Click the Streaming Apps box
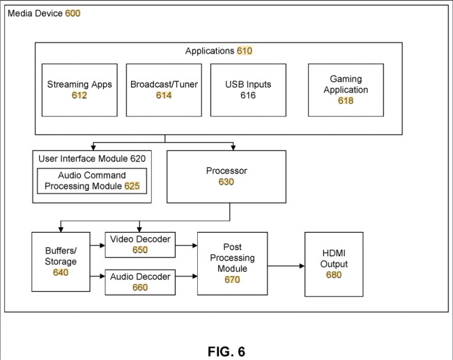[79, 90]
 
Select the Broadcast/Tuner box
[164, 90]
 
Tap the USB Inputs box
[248, 90]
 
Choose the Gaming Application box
[346, 90]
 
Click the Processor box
[227, 176]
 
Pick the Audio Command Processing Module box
[92, 180]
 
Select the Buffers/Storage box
[61, 262]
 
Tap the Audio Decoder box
[140, 282]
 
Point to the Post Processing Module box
[232, 263]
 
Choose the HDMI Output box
[334, 264]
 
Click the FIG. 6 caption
[227, 351]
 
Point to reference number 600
[72, 13]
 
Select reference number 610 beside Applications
[245, 51]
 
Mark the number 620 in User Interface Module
[137, 159]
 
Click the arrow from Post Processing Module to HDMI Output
[286, 265]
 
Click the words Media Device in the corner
[35, 13]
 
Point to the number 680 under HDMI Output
[334, 275]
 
